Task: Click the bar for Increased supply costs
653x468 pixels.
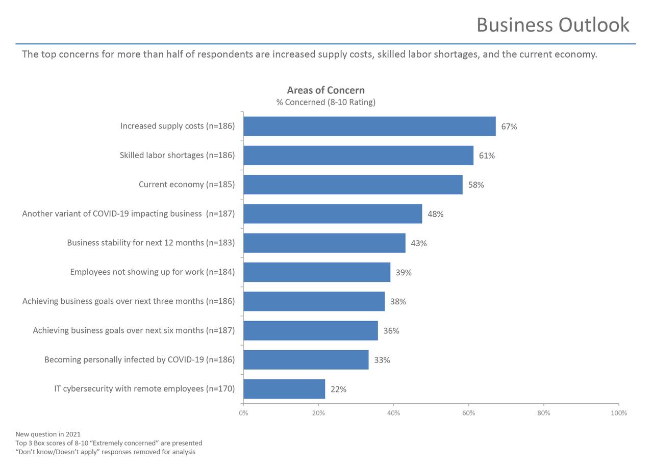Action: (369, 126)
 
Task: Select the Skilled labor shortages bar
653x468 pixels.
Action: (358, 155)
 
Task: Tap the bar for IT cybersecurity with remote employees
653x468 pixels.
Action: (284, 389)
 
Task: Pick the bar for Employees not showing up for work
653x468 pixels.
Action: (317, 272)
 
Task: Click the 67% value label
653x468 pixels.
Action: (509, 126)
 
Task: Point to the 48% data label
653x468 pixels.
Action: (435, 214)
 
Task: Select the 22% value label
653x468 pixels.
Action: (338, 389)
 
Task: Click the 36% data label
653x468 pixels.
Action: (391, 331)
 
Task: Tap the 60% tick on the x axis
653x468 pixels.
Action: (468, 413)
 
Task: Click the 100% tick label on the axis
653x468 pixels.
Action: (618, 413)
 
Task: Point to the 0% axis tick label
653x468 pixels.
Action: (243, 413)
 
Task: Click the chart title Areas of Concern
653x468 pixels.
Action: (325, 90)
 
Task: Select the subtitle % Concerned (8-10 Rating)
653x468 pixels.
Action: (325, 102)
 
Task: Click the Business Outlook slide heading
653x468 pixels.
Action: (552, 24)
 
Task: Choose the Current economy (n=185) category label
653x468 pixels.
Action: (187, 185)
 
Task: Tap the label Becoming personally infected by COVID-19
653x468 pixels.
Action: (139, 360)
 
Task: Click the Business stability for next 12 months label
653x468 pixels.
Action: (151, 243)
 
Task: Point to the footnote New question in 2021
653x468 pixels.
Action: (48, 434)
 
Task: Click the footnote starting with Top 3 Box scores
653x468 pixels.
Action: (109, 443)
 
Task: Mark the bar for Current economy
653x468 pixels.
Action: (353, 185)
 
